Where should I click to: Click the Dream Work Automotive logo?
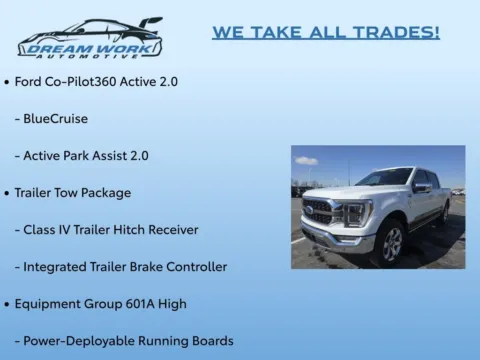point(88,38)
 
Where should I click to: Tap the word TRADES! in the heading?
point(397,33)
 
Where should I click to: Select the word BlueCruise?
point(58,118)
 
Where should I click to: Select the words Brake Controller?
point(187,266)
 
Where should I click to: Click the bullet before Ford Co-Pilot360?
point(8,81)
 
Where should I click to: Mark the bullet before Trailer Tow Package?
point(8,192)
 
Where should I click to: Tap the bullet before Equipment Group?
point(8,303)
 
